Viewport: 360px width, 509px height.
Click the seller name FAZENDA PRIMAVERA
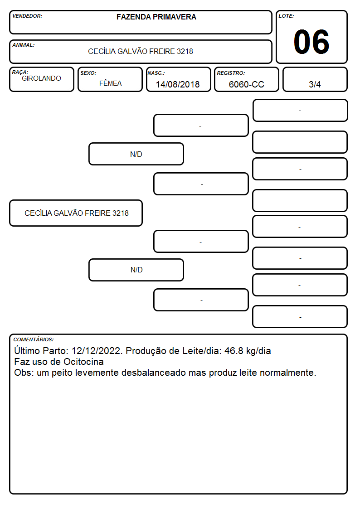156,17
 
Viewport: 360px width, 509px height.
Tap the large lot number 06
311,42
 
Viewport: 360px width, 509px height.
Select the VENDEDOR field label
27,16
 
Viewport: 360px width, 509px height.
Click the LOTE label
286,16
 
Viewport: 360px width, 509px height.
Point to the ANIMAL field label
24,45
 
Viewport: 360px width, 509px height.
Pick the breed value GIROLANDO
41,78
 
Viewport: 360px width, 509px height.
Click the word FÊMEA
110,83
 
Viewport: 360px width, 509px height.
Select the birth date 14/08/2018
178,84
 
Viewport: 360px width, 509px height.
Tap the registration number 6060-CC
246,84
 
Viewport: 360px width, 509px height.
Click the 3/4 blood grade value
315,84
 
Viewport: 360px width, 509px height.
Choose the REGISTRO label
231,73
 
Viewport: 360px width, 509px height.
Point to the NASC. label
156,73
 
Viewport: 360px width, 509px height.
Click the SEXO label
88,73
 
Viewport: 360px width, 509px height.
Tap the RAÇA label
20,72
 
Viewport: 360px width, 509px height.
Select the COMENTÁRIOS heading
34,339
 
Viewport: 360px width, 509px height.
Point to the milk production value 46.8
234,351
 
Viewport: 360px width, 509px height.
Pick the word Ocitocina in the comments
83,362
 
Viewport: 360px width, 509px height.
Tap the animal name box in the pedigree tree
76,213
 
